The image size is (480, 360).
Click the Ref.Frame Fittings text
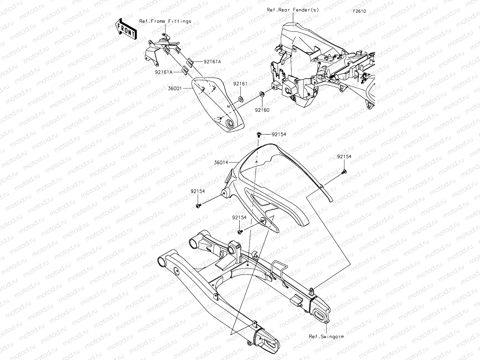165,21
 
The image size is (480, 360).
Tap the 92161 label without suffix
240,84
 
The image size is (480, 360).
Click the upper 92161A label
204,62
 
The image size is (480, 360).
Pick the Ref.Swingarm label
326,336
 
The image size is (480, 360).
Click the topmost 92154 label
279,134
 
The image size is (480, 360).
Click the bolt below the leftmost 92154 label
198,206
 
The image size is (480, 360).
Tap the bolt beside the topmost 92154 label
259,135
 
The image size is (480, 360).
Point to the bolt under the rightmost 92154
343,171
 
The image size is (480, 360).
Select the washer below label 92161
240,99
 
